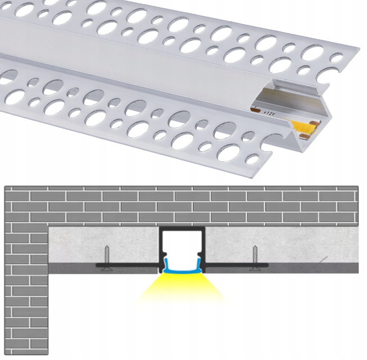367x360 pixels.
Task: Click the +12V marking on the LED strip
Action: pos(268,113)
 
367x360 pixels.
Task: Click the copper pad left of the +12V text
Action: pos(254,109)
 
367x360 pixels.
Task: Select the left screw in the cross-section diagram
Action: pos(107,257)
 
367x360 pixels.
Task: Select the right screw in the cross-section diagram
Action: pos(255,257)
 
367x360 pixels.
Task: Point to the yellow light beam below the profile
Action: pos(182,288)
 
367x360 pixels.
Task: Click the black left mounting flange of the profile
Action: pos(128,265)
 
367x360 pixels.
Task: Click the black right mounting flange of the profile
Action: pos(237,265)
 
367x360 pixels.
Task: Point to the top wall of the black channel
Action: pos(182,228)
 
